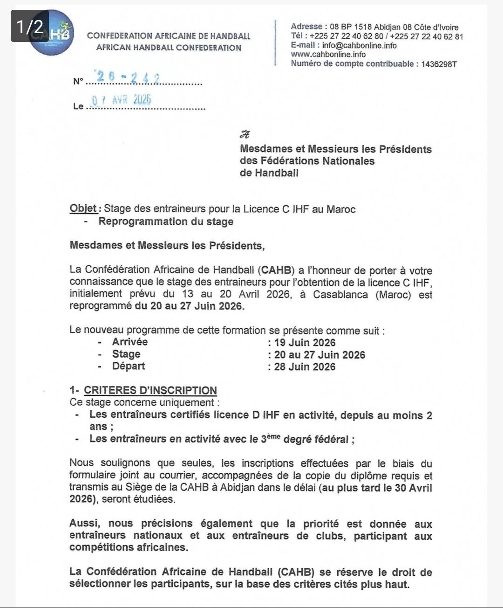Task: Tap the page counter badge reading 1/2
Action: (30, 26)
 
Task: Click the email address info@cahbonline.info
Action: (359, 45)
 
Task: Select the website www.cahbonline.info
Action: (328, 54)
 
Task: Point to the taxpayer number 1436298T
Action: (439, 64)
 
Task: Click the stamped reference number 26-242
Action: (128, 77)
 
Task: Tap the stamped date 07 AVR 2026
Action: (122, 100)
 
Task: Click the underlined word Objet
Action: (83, 208)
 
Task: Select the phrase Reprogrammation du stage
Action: (166, 221)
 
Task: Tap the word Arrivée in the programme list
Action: (130, 342)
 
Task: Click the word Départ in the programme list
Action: (129, 366)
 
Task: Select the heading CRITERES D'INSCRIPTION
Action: (150, 390)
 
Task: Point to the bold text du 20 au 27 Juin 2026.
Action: (190, 306)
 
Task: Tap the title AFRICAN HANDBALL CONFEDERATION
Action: (169, 48)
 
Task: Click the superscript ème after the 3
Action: (274, 435)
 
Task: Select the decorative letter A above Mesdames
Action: (245, 135)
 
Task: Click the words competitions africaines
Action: (129, 547)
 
